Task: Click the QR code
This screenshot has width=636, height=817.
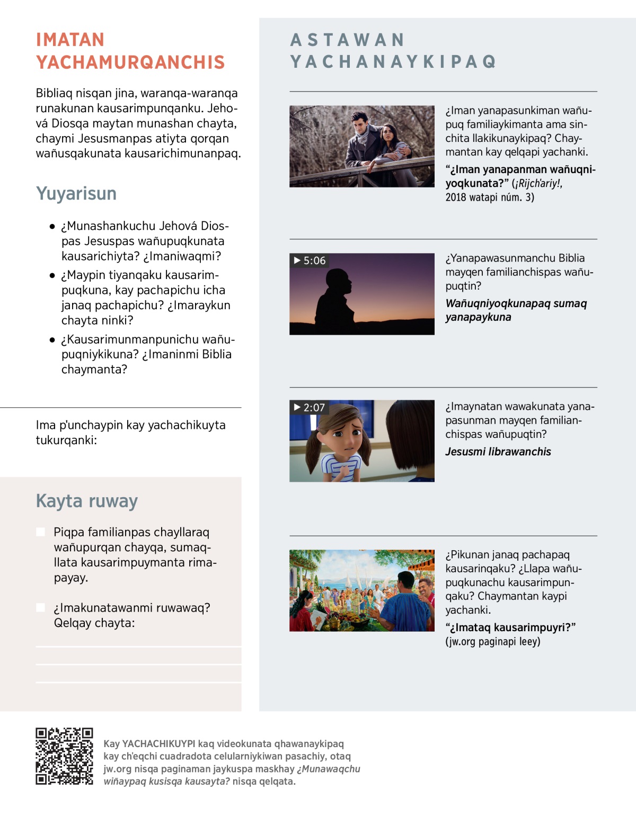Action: (x=64, y=756)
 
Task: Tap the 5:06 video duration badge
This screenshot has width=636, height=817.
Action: (x=310, y=261)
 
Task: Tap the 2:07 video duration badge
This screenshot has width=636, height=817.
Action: (x=310, y=408)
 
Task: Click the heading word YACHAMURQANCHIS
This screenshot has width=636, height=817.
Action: (x=130, y=62)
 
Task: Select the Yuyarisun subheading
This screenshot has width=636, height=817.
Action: (x=76, y=194)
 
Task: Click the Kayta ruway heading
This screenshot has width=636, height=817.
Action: (x=87, y=501)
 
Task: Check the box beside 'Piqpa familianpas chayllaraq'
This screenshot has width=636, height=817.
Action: (x=41, y=532)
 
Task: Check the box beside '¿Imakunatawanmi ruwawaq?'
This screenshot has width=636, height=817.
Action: (x=41, y=607)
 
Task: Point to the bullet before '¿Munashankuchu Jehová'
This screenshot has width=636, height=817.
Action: (x=52, y=227)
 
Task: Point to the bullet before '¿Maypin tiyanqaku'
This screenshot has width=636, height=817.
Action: (x=52, y=275)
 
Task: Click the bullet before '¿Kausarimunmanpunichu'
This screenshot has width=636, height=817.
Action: (x=52, y=340)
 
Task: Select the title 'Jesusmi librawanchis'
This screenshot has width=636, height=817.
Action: (x=498, y=452)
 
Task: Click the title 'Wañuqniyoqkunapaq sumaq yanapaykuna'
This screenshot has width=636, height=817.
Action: (x=516, y=310)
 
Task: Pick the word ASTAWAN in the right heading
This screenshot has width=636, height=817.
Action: (x=348, y=40)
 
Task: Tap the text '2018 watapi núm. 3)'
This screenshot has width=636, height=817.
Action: (x=490, y=197)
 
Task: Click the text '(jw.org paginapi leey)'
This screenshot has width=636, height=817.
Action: (x=493, y=642)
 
